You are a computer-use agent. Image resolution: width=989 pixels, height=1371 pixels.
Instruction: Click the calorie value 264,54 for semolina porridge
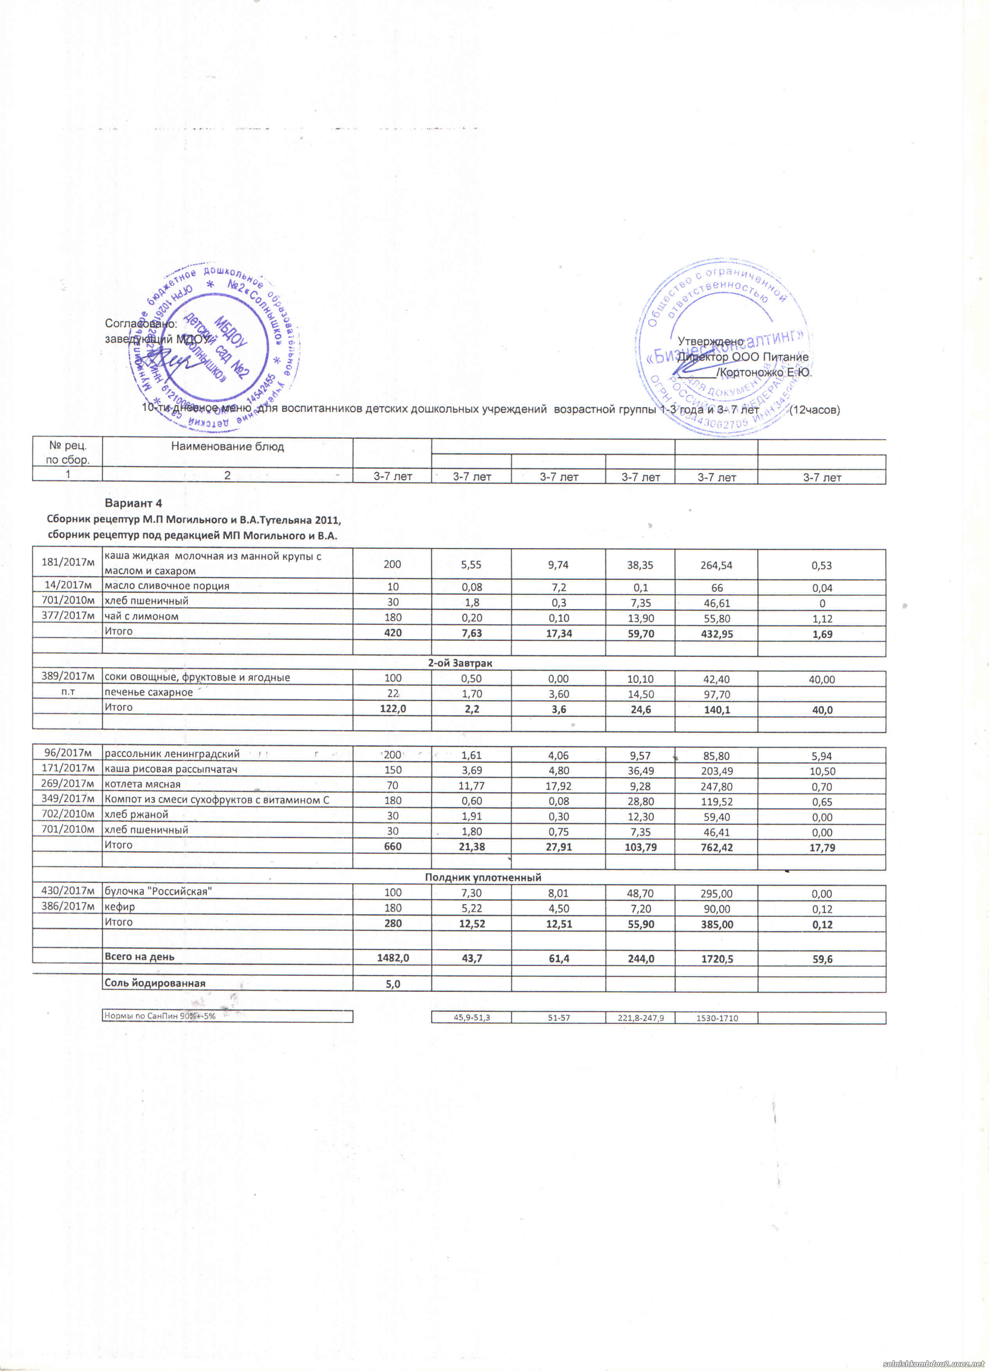(x=716, y=565)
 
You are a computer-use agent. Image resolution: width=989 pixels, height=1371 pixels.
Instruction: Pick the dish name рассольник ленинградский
(x=172, y=754)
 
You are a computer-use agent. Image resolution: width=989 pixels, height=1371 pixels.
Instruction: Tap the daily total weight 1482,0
(x=393, y=959)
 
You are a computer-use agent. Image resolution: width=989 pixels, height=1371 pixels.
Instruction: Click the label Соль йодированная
(x=155, y=983)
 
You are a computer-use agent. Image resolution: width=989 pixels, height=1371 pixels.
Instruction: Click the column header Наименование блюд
(x=227, y=447)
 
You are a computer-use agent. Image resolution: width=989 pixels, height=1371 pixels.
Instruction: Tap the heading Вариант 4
(x=133, y=503)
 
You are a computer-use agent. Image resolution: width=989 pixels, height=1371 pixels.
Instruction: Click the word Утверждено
(x=710, y=342)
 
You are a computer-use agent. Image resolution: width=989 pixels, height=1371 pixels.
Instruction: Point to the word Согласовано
(x=140, y=324)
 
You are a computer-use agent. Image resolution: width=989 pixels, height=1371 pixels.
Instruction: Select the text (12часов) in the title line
(x=815, y=410)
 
